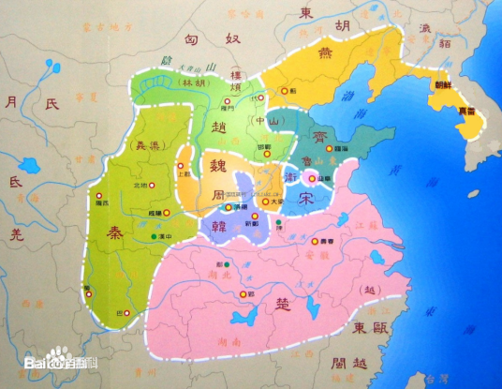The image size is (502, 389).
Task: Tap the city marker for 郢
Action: [250, 293]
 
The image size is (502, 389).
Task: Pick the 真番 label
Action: [466, 111]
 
